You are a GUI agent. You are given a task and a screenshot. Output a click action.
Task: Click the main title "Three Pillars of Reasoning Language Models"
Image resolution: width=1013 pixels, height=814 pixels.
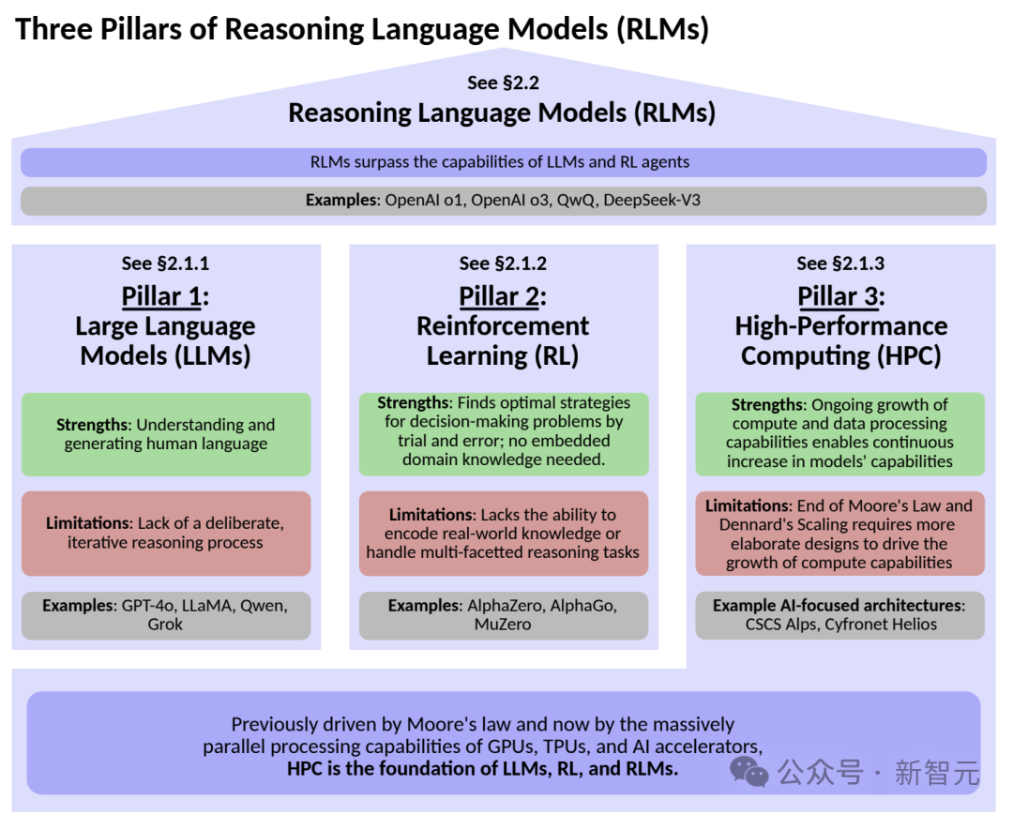(x=362, y=29)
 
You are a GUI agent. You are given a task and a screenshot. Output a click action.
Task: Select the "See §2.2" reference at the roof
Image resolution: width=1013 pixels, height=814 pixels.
(x=504, y=83)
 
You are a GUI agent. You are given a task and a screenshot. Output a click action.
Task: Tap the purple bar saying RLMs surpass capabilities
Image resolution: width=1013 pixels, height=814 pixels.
(x=504, y=162)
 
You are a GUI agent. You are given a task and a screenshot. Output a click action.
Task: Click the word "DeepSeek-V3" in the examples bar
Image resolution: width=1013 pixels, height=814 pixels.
(x=652, y=201)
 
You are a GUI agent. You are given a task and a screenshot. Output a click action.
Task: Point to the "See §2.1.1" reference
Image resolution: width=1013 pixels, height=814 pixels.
(x=165, y=264)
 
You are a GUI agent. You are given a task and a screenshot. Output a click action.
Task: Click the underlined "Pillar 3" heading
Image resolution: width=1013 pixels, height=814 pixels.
(x=838, y=296)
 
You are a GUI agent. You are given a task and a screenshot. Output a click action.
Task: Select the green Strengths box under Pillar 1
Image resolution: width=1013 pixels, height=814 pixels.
(x=166, y=434)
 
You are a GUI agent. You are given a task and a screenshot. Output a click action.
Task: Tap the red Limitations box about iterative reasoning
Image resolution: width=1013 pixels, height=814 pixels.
(x=166, y=533)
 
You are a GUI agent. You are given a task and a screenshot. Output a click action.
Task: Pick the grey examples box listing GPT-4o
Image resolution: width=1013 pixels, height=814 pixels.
(x=166, y=615)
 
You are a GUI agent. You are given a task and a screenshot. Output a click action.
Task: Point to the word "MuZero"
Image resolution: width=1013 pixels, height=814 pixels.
(x=503, y=625)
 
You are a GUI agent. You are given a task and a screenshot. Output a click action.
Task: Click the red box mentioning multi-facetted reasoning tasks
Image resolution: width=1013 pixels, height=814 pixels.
(x=504, y=533)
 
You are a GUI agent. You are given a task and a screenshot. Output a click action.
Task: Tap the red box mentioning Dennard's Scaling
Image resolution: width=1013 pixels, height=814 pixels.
(x=839, y=533)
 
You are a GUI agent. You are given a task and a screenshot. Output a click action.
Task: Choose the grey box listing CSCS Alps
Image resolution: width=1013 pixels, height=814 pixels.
(x=839, y=615)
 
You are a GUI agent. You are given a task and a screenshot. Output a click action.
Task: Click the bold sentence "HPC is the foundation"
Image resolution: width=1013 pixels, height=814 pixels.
(x=483, y=769)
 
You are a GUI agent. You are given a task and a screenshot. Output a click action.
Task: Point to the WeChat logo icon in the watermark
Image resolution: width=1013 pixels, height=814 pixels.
(x=748, y=772)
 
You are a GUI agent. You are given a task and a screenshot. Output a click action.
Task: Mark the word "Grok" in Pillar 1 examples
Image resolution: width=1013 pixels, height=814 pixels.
(x=165, y=625)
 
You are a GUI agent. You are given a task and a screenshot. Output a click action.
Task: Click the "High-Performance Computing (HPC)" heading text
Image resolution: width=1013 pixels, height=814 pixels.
(x=841, y=341)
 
